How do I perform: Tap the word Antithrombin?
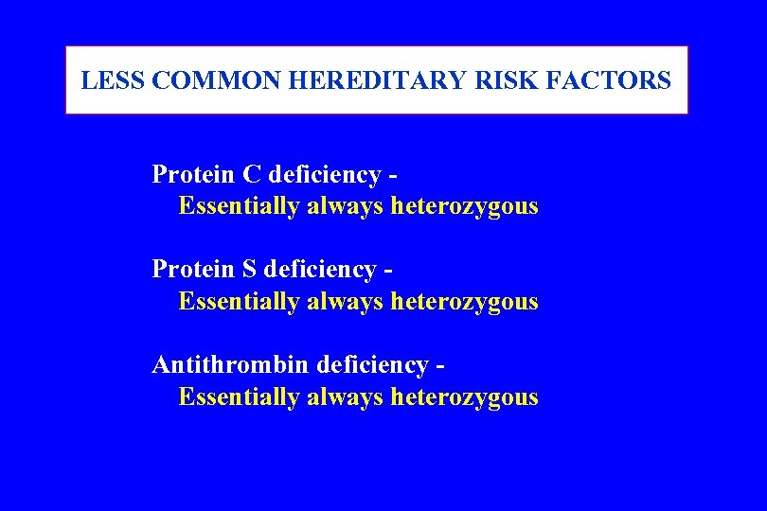pos(231,364)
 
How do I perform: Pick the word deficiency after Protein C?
pos(324,176)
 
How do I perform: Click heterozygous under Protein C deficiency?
pos(464,206)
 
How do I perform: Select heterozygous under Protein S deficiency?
pos(464,302)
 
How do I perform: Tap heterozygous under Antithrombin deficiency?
pos(464,397)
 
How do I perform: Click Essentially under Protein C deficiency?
pos(239,206)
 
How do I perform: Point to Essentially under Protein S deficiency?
pos(239,302)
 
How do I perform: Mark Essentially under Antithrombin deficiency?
pos(239,397)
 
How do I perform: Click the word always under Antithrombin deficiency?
pos(345,397)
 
